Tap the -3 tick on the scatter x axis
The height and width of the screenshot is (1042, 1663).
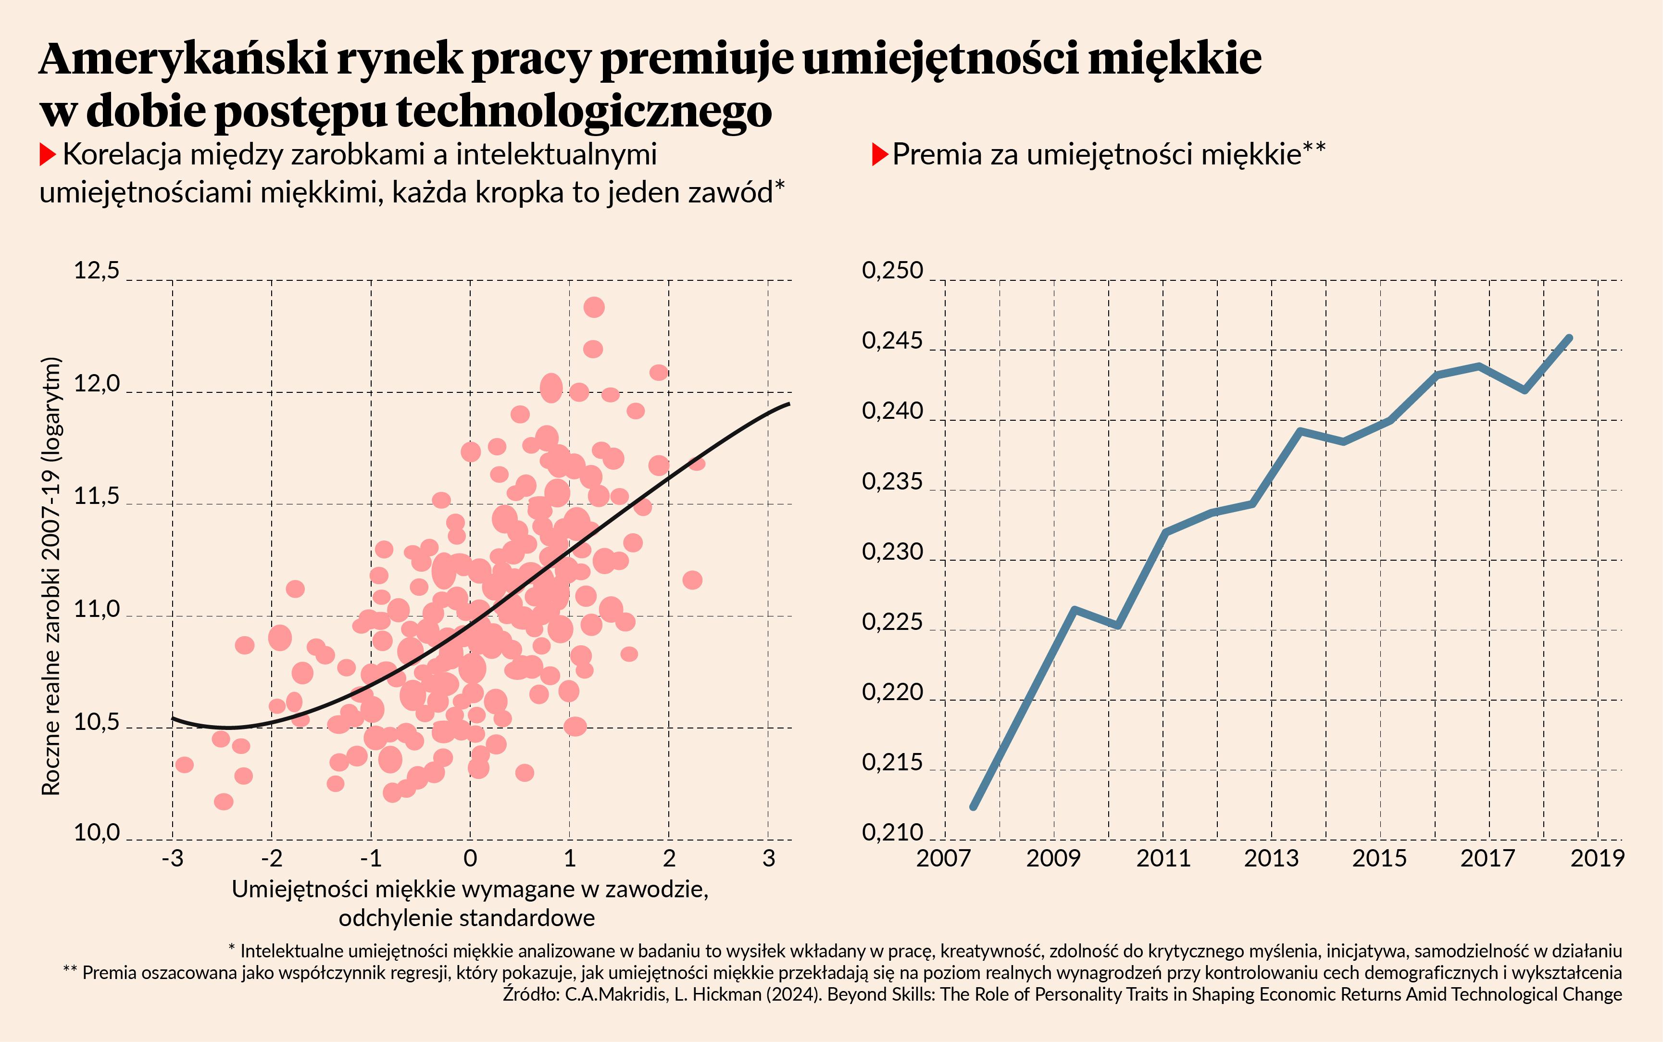[x=172, y=859]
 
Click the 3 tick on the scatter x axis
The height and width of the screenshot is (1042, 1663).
[x=769, y=859]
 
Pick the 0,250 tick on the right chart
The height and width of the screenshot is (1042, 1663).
[x=892, y=271]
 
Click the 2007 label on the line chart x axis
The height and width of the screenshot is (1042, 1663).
[x=944, y=859]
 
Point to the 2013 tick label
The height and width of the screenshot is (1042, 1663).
[x=1271, y=859]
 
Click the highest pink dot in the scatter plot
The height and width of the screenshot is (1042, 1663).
[x=594, y=307]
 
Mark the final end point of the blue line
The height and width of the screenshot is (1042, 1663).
[x=1569, y=338]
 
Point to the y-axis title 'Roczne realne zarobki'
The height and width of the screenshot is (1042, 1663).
[x=51, y=576]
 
